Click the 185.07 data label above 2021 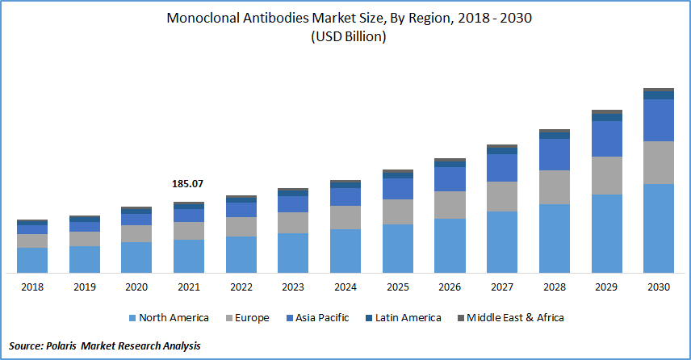[x=188, y=184]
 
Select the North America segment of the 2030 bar [x=658, y=228]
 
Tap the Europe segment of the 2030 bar [x=658, y=162]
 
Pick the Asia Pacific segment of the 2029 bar [x=606, y=138]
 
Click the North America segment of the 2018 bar [x=32, y=260]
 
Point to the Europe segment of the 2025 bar [x=398, y=211]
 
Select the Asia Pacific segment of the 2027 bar [x=502, y=168]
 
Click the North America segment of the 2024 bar [x=345, y=251]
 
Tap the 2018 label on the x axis [x=32, y=287]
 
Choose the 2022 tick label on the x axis [x=241, y=287]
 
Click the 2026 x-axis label [x=450, y=287]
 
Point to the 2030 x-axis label [x=658, y=287]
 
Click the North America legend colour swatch [x=131, y=318]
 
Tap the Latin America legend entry [x=405, y=318]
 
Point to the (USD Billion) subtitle [x=345, y=37]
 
